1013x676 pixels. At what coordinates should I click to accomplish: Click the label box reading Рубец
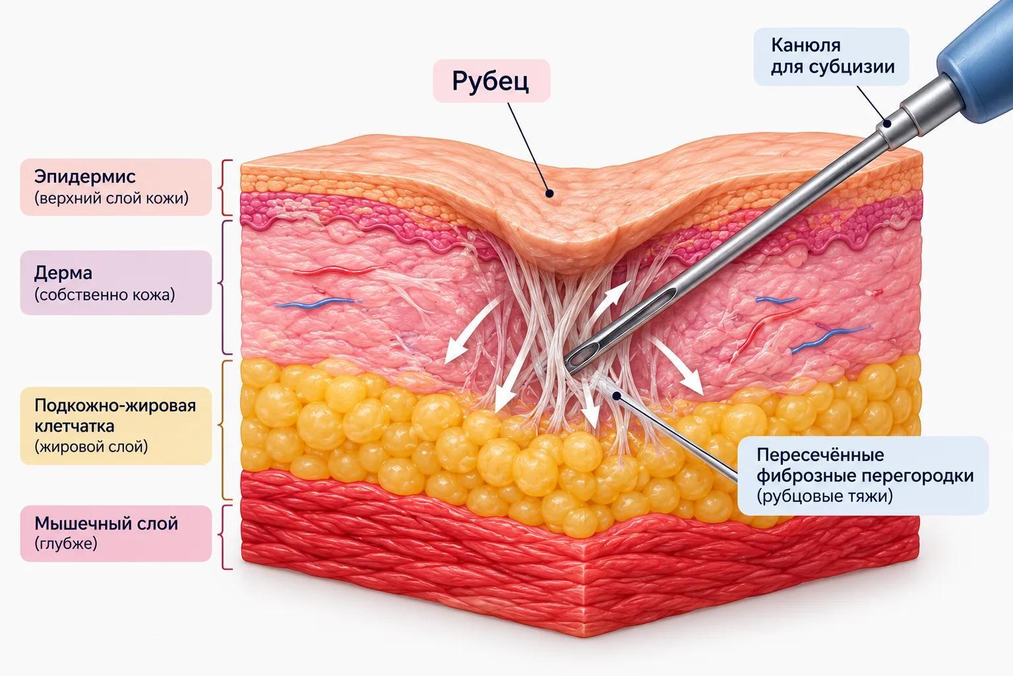(x=491, y=81)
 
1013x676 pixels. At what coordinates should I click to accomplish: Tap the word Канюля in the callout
(x=806, y=46)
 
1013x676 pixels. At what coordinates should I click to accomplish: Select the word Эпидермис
(x=85, y=176)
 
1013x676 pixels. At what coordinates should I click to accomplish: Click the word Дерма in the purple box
(x=63, y=273)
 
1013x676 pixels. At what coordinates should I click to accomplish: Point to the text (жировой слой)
(x=92, y=447)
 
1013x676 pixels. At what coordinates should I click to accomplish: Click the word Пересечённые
(x=820, y=455)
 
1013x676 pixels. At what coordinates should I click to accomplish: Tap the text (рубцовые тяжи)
(x=825, y=496)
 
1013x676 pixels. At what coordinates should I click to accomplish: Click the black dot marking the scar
(x=549, y=193)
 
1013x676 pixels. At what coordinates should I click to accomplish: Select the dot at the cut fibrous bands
(x=617, y=395)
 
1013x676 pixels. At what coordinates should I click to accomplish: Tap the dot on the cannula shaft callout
(x=887, y=123)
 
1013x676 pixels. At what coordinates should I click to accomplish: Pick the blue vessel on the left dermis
(x=319, y=302)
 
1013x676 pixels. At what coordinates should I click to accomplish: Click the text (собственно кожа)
(x=104, y=294)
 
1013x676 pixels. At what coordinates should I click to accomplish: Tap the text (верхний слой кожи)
(x=111, y=198)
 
